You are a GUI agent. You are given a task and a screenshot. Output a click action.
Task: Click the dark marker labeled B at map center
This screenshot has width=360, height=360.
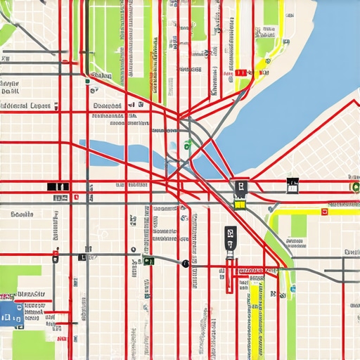[240, 187]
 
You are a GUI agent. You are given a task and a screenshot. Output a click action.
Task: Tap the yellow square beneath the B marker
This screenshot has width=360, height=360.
[240, 205]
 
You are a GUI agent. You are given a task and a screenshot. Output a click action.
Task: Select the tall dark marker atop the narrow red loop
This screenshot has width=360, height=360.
[230, 237]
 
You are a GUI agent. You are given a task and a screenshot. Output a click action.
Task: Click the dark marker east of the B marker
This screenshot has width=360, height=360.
[292, 186]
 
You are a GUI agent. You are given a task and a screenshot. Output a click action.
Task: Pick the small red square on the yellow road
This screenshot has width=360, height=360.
[324, 210]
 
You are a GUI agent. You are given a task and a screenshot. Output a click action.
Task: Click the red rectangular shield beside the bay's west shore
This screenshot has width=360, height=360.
[240, 72]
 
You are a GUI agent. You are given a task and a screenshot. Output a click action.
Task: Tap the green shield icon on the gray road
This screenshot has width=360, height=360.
[148, 262]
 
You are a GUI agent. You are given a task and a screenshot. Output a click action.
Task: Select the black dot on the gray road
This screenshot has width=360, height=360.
[185, 264]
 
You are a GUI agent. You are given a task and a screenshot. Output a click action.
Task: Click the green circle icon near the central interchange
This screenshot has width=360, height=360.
[188, 146]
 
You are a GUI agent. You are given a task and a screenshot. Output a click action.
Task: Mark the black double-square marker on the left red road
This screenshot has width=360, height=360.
[58, 186]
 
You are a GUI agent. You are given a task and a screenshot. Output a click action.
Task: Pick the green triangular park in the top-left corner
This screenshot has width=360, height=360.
[7, 32]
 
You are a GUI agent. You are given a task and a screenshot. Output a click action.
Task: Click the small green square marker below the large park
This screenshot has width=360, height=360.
[87, 81]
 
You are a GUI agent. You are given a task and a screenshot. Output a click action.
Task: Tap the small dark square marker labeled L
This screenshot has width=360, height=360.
[82, 258]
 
